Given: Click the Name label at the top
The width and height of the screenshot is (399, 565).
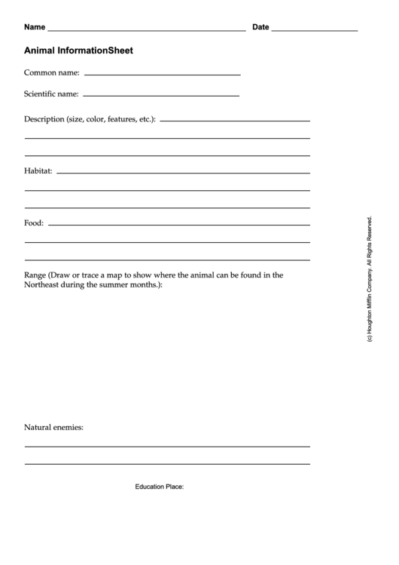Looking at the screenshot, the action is (35, 27).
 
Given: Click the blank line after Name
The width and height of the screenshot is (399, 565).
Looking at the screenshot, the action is (147, 30).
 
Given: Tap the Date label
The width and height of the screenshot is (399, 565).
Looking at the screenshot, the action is (260, 27).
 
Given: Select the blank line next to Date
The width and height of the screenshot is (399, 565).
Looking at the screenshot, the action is (314, 30).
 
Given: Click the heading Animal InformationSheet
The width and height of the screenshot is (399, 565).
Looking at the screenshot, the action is (78, 51).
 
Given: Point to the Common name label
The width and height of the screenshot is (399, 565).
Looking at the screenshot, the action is (52, 73).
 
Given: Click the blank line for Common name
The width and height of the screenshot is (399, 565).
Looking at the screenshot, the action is (162, 75).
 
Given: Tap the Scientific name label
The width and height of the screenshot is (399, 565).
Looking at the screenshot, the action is (51, 94).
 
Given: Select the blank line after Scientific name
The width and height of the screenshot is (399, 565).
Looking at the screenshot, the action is (160, 96).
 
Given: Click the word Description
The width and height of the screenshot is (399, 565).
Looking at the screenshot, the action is (44, 119).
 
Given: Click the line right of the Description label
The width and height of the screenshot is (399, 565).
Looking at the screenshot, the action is (234, 121).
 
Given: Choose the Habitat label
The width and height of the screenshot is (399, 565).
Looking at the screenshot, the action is (38, 171).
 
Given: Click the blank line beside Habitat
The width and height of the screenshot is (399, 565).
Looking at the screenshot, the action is (183, 173).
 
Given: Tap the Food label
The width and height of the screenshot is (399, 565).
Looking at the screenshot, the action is (34, 223).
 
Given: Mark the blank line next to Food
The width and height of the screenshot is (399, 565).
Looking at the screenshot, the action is (178, 225).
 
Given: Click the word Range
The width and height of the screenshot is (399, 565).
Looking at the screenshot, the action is (35, 275).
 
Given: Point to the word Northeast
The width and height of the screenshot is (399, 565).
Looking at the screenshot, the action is (44, 286).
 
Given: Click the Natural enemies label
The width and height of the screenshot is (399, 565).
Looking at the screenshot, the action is (53, 428).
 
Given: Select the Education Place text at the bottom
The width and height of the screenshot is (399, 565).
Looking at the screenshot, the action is (160, 487).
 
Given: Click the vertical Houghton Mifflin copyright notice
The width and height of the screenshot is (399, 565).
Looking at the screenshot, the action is (370, 280).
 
